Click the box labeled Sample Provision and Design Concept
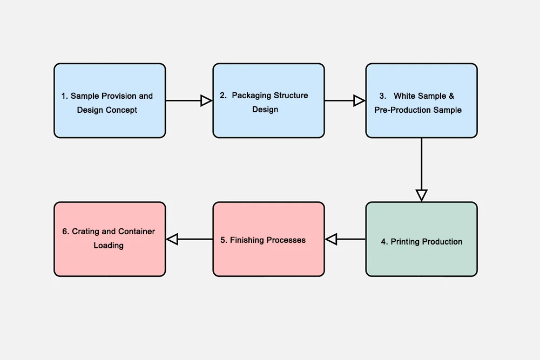click(x=110, y=101)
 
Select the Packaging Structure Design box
click(x=268, y=101)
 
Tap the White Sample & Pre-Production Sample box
click(x=421, y=101)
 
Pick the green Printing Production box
click(x=421, y=239)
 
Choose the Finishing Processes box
click(x=268, y=239)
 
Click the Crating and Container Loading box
click(x=110, y=239)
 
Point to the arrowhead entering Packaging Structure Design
click(x=206, y=100)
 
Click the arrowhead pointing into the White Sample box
click(x=359, y=100)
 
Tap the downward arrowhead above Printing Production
click(x=421, y=195)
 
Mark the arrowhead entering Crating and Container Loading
click(x=172, y=239)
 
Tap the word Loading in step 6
click(x=109, y=246)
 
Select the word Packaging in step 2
click(x=251, y=96)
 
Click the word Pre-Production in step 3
click(x=400, y=110)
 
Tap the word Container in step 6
click(x=137, y=232)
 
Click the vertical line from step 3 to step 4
click(x=421, y=162)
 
